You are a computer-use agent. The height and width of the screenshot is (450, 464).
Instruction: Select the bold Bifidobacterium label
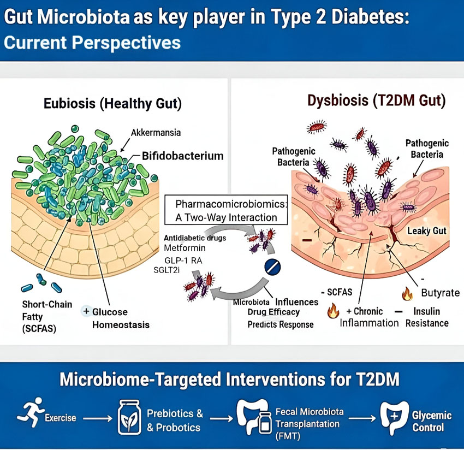182,156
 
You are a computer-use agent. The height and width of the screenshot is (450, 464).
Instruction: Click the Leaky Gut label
427,231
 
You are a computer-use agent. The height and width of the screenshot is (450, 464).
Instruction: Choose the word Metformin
184,248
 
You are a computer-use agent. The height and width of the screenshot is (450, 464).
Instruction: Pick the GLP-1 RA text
183,260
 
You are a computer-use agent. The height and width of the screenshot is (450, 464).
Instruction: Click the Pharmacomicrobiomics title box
226,210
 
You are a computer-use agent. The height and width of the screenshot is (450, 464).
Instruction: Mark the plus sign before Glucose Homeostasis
86,311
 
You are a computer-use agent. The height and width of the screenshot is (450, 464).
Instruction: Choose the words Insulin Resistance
427,317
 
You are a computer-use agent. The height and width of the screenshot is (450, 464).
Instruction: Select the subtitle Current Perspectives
92,43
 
